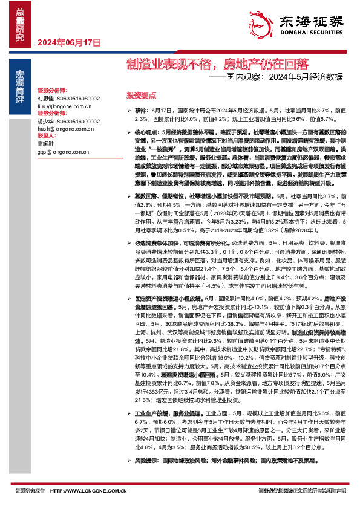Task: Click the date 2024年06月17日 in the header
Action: [x=68, y=42]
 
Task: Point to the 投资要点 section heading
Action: [x=140, y=96]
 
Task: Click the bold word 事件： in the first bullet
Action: [x=142, y=111]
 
